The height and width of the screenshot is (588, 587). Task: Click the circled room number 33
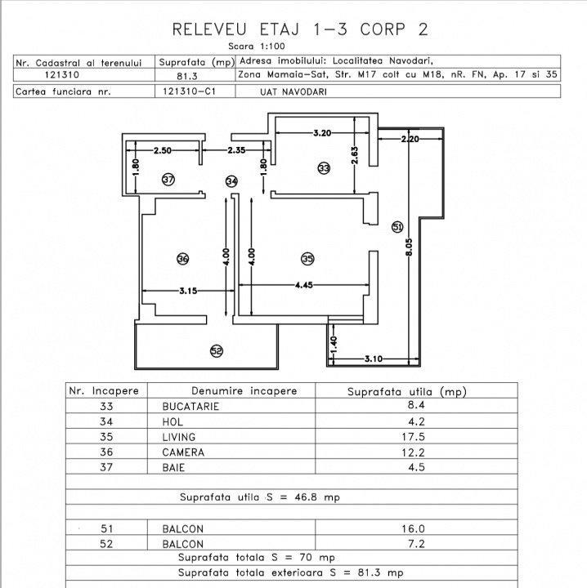(324, 168)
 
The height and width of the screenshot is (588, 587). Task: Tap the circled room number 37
(168, 180)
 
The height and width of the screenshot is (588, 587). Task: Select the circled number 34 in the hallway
(231, 181)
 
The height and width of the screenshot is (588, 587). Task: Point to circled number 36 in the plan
(183, 259)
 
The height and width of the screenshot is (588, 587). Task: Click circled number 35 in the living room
(307, 259)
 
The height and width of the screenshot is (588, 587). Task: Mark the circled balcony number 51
(397, 227)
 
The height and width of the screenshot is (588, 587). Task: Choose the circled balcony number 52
(216, 351)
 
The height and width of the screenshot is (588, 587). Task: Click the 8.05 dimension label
(409, 247)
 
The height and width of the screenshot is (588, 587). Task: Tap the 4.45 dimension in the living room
(303, 285)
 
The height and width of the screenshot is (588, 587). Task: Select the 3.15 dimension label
(188, 291)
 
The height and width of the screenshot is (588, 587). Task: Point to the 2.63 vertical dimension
(354, 155)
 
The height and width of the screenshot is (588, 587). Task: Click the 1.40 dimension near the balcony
(334, 345)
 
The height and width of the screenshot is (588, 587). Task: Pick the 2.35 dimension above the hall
(236, 150)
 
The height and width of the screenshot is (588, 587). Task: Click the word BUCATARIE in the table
(190, 407)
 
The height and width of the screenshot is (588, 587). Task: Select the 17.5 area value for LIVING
(413, 437)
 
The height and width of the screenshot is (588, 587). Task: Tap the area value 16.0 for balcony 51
(413, 528)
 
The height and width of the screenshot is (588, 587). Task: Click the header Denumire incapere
(244, 391)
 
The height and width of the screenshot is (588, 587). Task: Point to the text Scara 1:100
(257, 46)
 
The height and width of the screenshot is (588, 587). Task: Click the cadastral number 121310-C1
(189, 91)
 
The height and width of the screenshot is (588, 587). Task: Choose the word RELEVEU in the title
(209, 29)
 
